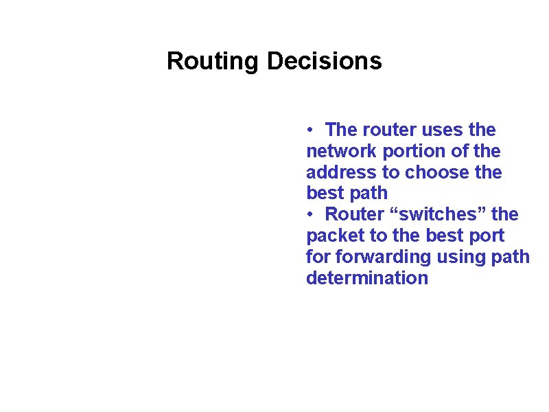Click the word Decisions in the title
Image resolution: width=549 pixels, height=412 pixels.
[x=324, y=61]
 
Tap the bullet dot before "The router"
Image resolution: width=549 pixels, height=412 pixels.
[x=311, y=130]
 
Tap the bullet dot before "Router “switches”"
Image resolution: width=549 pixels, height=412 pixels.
[x=311, y=215]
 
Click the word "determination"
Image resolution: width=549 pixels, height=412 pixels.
[x=367, y=279]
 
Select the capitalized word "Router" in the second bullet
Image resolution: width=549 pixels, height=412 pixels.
[x=354, y=215]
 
